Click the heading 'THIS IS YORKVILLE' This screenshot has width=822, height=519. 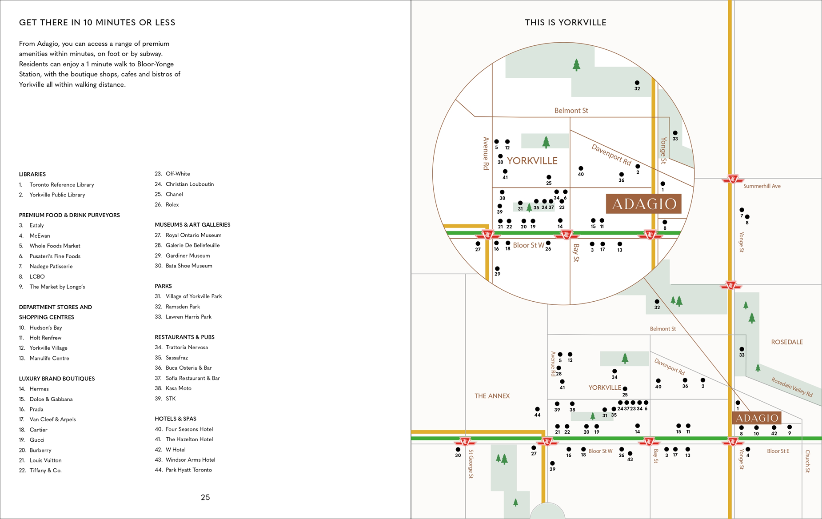pos(565,23)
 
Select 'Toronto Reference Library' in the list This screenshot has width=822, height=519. pos(61,185)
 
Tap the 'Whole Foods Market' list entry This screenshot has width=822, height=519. pos(55,246)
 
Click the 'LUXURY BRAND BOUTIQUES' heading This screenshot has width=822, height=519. pos(56,379)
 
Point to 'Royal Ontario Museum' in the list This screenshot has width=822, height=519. pos(193,235)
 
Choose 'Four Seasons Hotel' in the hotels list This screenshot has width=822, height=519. pos(189,429)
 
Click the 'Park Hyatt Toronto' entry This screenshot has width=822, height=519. pos(188,470)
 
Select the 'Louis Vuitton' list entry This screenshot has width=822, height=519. pos(45,460)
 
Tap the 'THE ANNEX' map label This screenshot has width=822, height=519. pos(492,396)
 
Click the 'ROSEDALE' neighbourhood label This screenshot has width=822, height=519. pos(786,342)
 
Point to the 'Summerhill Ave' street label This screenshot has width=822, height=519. pos(762,186)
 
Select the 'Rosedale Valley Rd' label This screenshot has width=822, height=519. pos(791,387)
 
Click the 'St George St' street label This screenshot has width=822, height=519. pos(471,464)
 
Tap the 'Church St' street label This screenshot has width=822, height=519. pos(807,461)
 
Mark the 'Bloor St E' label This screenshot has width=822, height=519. pos(778,451)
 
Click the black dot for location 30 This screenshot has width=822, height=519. pos(458,450)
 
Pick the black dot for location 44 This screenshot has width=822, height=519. pos(537,409)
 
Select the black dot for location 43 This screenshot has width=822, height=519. pos(630,454)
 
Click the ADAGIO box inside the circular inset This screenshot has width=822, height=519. pos(643,204)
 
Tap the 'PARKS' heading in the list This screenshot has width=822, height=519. pos(163,286)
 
